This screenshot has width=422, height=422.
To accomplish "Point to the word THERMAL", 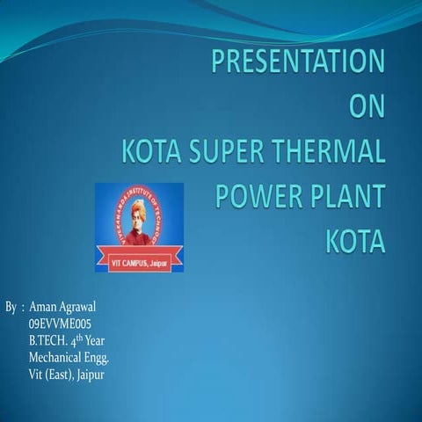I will coord(331,152).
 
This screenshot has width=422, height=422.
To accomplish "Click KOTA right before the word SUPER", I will coord(150,152).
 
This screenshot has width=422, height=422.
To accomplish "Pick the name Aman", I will coord(43,308).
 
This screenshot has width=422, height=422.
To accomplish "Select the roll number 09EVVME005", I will coord(60,324).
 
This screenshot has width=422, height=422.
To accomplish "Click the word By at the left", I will coord(11,308).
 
